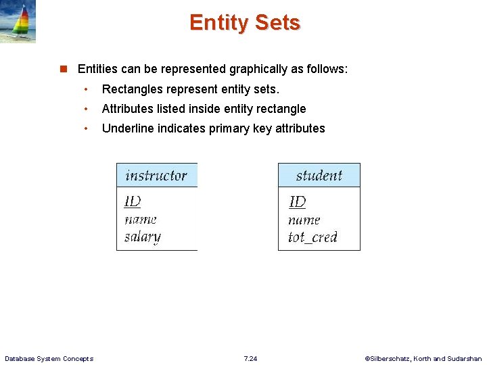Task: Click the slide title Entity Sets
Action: click(x=244, y=23)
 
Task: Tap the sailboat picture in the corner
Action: click(x=18, y=22)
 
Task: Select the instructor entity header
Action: click(x=156, y=176)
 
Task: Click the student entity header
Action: click(x=319, y=176)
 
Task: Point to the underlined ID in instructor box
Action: click(x=133, y=201)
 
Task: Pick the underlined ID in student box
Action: click(x=297, y=202)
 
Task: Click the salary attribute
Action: click(x=143, y=237)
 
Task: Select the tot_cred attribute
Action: click(x=312, y=237)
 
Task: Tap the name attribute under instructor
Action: click(x=141, y=219)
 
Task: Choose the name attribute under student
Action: click(x=304, y=220)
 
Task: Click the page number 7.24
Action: click(x=250, y=358)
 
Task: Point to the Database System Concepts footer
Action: click(x=49, y=358)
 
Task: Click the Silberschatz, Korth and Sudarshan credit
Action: click(x=423, y=358)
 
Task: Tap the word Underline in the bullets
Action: click(x=128, y=128)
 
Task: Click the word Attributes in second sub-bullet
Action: click(x=127, y=109)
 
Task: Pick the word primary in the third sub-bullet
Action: click(x=229, y=128)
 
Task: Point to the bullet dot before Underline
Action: click(x=87, y=128)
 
